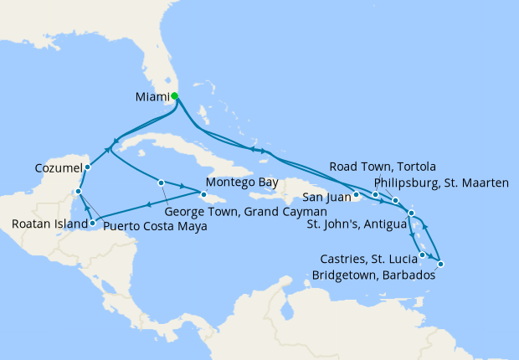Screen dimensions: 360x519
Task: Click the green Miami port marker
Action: point(174,96)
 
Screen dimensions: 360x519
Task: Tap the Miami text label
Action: point(152,97)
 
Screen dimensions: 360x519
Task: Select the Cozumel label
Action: point(58,167)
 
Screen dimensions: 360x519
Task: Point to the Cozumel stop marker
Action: point(88,167)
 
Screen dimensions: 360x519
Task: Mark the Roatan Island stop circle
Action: point(91,223)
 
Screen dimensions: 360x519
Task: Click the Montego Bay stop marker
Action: point(203,194)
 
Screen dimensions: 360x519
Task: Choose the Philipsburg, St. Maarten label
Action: point(441,182)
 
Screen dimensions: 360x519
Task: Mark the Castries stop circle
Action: point(423,255)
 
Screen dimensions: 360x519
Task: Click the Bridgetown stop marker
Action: point(440,265)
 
